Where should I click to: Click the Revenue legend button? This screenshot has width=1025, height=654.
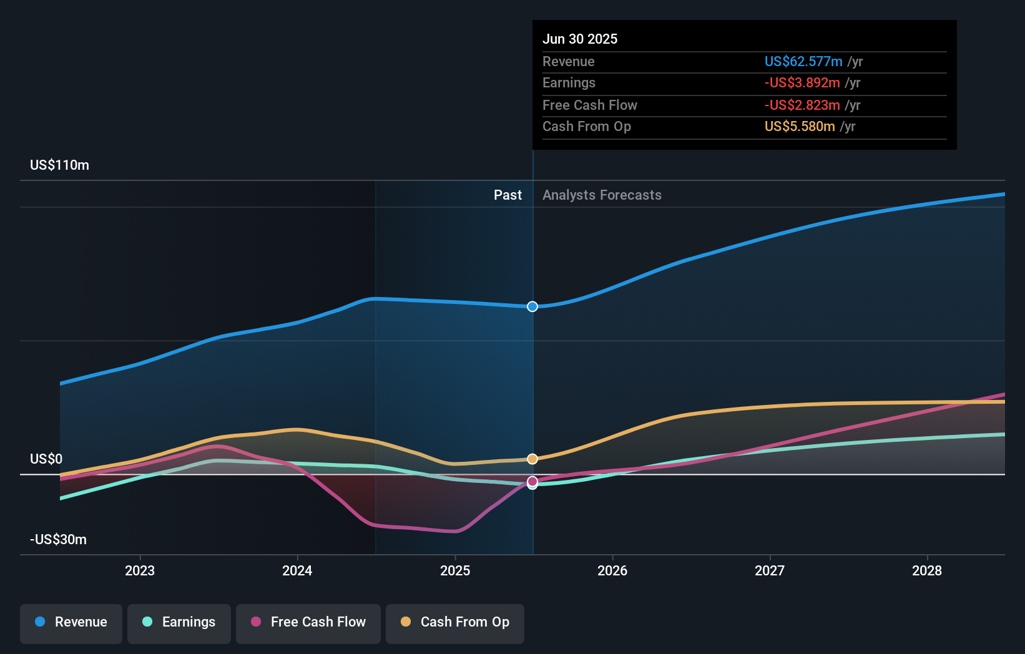(x=71, y=622)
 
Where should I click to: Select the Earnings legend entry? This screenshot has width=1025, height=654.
(x=179, y=622)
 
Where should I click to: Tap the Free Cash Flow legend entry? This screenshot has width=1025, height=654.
(x=308, y=622)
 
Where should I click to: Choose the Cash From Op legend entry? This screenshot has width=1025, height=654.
(x=455, y=622)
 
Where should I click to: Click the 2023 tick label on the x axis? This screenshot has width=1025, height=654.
(x=140, y=570)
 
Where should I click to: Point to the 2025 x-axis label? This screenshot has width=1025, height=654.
(x=455, y=570)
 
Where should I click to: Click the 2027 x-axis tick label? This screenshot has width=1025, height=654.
(x=770, y=570)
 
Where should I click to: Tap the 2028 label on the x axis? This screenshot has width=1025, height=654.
(x=927, y=570)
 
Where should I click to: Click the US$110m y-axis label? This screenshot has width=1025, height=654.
(x=59, y=165)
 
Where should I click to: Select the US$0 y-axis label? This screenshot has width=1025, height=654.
(x=46, y=459)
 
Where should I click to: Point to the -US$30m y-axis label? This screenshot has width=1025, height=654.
(x=58, y=540)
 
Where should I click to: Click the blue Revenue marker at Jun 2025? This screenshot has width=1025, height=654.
(x=532, y=306)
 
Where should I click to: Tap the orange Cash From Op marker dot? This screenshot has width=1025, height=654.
(x=532, y=459)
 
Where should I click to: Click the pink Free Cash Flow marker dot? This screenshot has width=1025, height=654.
(x=532, y=481)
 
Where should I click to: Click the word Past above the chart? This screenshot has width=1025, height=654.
(x=508, y=195)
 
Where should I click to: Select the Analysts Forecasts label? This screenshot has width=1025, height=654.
(x=602, y=195)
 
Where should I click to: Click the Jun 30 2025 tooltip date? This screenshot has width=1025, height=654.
(x=580, y=39)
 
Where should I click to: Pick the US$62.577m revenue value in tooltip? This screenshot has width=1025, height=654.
(x=803, y=61)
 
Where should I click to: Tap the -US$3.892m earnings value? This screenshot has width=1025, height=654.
(x=802, y=83)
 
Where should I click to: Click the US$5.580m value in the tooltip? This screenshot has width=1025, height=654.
(x=800, y=127)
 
